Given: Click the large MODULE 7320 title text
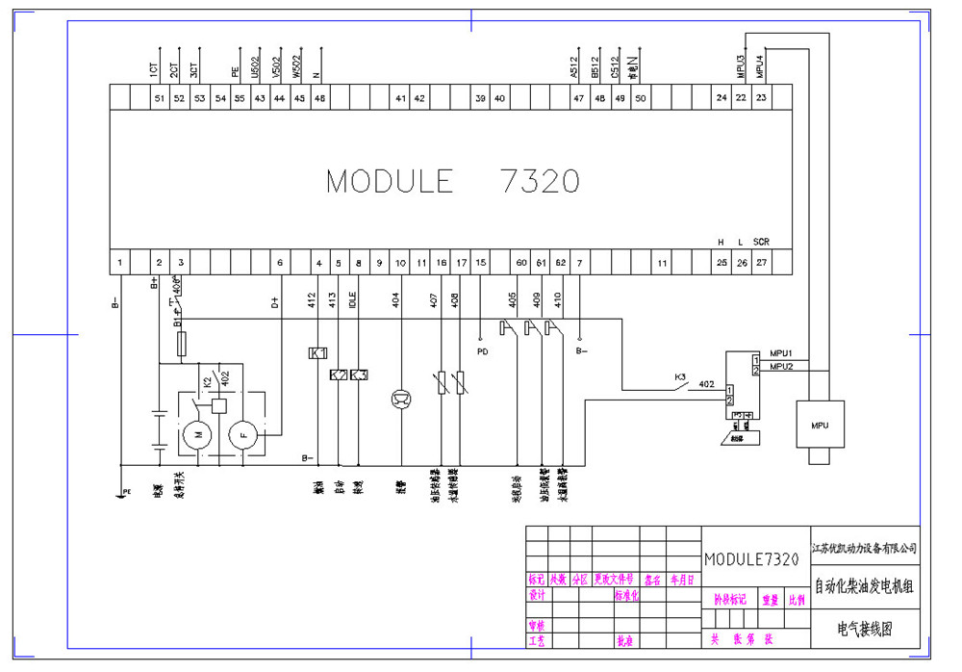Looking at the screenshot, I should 452,181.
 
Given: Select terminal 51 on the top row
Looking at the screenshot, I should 159,98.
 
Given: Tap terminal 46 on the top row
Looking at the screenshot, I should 319,98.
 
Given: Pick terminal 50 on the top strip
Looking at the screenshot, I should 640,98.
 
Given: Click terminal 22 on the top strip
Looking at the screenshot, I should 741,98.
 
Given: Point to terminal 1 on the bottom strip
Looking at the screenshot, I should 119,262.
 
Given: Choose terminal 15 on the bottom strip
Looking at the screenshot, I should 481,262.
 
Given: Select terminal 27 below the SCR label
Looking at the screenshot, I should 761,262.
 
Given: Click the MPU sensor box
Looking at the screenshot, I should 819,424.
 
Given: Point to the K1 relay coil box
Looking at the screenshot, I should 317,353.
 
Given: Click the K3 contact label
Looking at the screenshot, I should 679,376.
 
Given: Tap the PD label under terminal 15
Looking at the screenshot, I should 483,351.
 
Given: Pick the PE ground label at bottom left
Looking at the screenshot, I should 126,491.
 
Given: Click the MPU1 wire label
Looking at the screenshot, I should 781,353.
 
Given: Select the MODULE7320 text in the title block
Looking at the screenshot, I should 751,559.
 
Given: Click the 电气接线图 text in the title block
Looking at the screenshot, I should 865,631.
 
